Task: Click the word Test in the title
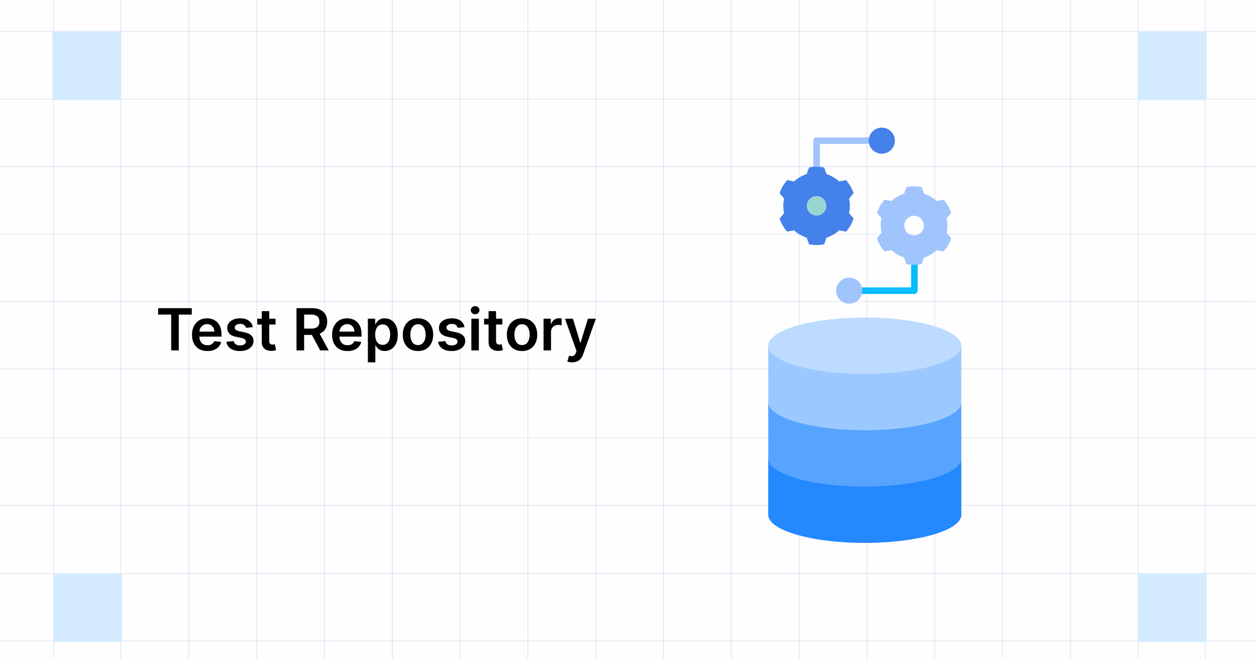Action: point(217,329)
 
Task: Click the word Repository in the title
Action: point(444,331)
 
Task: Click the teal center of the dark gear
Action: point(816,206)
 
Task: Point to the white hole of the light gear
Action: point(914,225)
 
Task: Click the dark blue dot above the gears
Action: point(882,141)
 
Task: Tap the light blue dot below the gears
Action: point(849,290)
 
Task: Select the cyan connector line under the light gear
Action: point(889,290)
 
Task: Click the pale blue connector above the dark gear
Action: point(842,141)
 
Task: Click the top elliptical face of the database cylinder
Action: point(864,345)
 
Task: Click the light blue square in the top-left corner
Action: point(87,65)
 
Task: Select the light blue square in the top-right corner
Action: point(1172,65)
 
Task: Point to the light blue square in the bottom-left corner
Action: point(87,607)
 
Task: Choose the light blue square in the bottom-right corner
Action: point(1172,607)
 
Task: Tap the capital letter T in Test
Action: point(175,329)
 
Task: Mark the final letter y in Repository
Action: point(580,335)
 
